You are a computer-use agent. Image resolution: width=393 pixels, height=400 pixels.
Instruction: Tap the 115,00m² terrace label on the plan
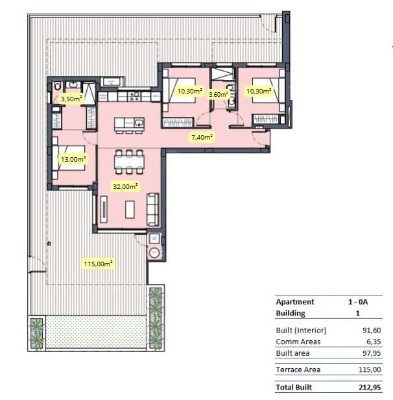coord(98,264)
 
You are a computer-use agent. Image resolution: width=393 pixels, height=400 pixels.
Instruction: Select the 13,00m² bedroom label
coord(73,158)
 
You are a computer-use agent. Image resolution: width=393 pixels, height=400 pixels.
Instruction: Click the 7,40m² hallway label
coord(202,137)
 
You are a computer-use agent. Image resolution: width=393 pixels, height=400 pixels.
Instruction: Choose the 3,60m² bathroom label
coord(219,94)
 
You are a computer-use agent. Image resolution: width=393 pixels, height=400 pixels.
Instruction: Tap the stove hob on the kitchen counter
coord(135,96)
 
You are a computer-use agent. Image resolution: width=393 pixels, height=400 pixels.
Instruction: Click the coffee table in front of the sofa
coord(130,209)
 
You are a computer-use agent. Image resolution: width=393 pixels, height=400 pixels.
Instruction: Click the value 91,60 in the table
coord(371,330)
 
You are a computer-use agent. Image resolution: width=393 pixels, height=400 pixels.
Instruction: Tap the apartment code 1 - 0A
coord(358,302)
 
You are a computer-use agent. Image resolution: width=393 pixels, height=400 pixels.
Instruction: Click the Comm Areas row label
coord(296,342)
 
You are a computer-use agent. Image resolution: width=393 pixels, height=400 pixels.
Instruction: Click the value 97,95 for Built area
coord(371,353)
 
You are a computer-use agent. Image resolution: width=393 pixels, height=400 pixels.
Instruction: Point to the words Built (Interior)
coord(301,330)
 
